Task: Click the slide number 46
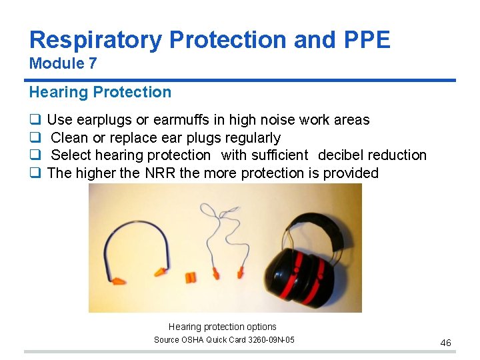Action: [445, 343]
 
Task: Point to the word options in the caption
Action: [261, 327]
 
